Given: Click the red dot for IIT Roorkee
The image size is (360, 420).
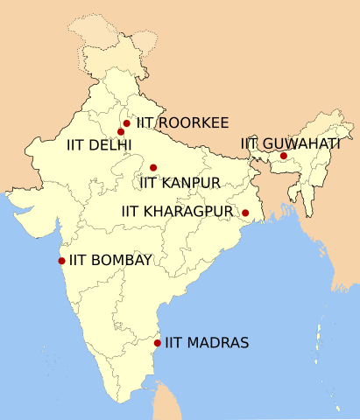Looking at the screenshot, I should tap(127, 123).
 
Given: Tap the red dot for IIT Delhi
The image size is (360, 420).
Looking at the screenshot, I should tap(121, 132).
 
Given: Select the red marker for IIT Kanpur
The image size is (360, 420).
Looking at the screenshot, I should tap(153, 168).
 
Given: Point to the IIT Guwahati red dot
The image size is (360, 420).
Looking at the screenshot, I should tap(284, 156).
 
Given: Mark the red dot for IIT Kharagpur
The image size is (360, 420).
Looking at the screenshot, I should tap(245, 213).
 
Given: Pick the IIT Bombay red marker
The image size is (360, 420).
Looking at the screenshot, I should tap(61, 260).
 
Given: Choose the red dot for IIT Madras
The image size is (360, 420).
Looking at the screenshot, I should tap(158, 343).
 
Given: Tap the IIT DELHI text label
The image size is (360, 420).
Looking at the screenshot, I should tap(99, 144).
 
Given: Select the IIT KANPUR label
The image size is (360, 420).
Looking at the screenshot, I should tap(179, 183).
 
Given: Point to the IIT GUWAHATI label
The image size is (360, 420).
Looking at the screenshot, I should tap(291, 143).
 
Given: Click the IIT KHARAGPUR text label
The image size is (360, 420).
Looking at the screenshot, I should tap(180, 212).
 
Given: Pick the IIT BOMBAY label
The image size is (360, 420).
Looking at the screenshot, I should tap(111, 260).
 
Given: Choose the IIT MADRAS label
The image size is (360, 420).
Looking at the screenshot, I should tap(208, 343).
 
